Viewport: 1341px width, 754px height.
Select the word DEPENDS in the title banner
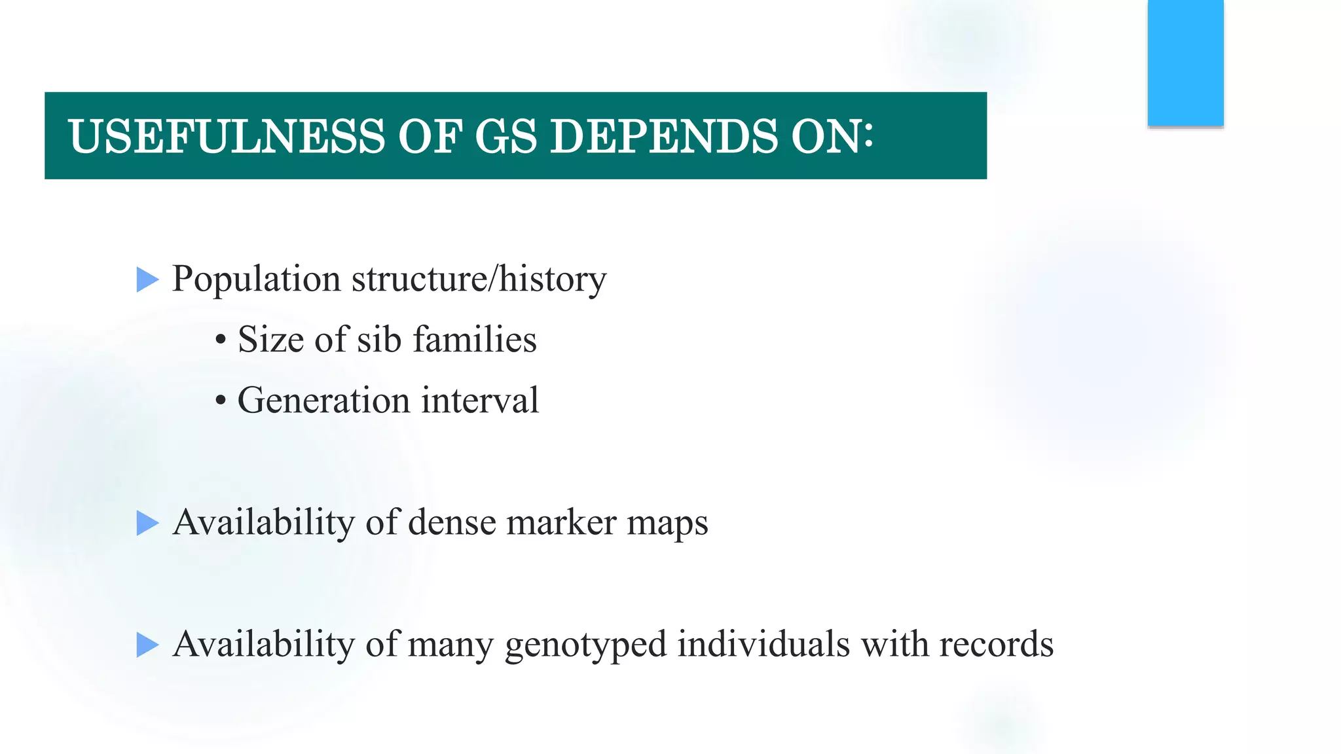pos(663,137)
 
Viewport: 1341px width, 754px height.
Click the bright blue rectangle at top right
pos(1185,63)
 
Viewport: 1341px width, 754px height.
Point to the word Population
pos(256,279)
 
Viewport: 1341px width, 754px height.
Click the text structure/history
pos(479,279)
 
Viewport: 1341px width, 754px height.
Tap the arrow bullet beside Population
pos(147,280)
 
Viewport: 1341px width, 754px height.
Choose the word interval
pos(480,401)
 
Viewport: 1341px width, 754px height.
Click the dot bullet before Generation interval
pos(221,401)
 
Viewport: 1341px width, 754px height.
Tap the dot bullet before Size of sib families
pos(221,340)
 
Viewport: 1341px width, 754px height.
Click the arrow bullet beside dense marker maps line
pos(147,524)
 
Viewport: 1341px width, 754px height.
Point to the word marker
pos(561,523)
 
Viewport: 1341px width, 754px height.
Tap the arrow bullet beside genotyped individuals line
pos(147,645)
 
